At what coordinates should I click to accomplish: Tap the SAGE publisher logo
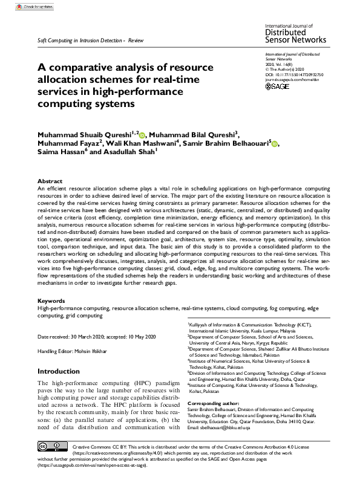pos(278,86)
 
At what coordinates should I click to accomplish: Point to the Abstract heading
pos(50,181)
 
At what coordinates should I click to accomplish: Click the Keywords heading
pos(51,300)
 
